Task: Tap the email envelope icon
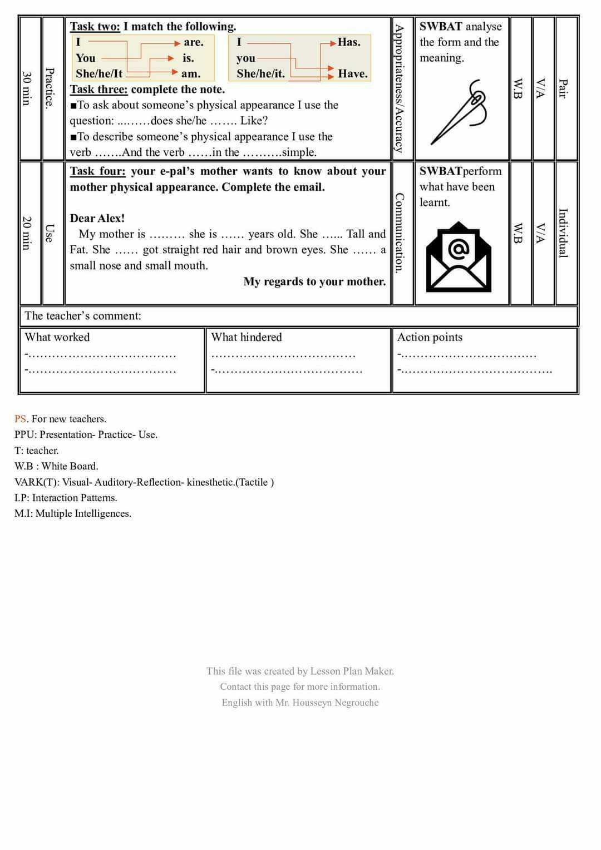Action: coord(459,257)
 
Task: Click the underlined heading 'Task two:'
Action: coord(95,26)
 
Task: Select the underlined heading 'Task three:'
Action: coord(98,90)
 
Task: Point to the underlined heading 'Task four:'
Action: coord(97,171)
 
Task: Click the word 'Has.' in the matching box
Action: coord(349,42)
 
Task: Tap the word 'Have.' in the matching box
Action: coord(353,74)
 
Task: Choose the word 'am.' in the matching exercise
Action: coord(191,74)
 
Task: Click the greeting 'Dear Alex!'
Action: coord(97,218)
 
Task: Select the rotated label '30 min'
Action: coord(26,88)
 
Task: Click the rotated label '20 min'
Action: coord(26,233)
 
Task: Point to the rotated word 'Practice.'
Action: coord(50,88)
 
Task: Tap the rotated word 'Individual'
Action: coord(563,233)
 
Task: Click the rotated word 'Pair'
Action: coord(563,88)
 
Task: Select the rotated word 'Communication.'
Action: coord(399,233)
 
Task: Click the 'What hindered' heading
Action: coord(247,337)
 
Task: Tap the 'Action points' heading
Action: coord(430,337)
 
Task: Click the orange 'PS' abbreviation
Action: coord(20,419)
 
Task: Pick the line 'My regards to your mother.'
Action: coord(314,281)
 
